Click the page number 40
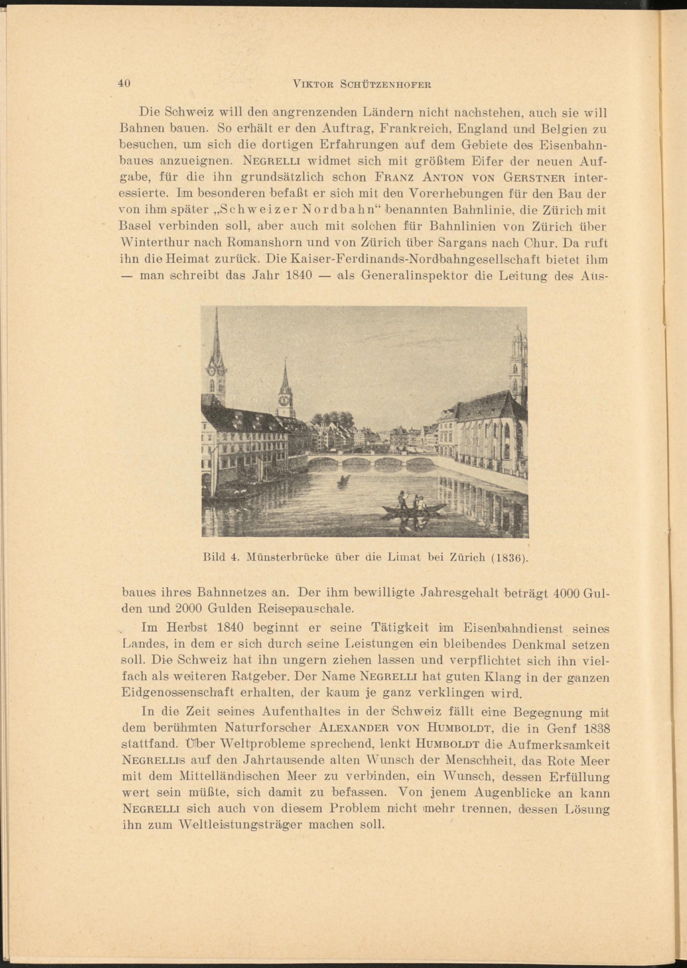click(x=124, y=84)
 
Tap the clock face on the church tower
click(x=283, y=399)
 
